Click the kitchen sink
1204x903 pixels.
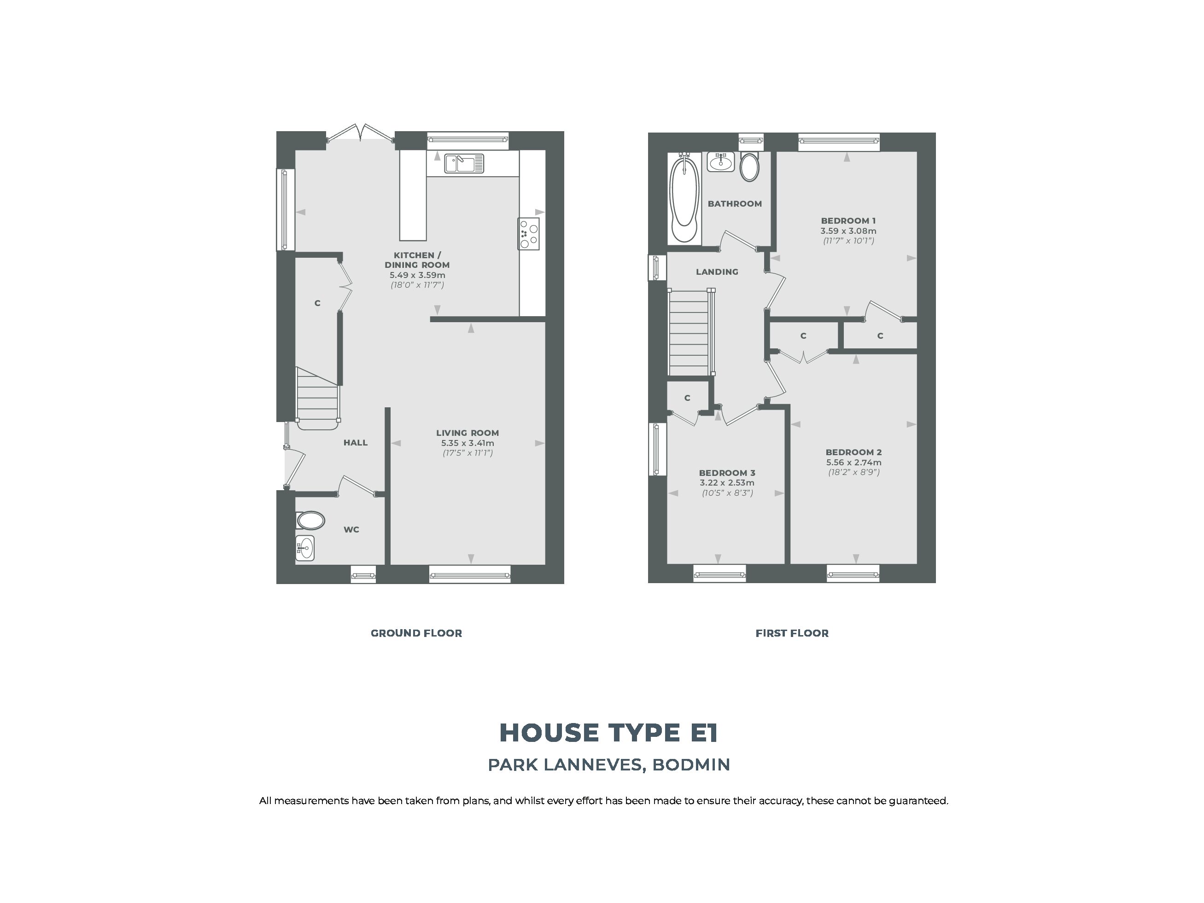click(464, 163)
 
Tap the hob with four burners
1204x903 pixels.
click(528, 233)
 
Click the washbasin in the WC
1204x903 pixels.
click(305, 547)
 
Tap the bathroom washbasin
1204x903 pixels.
click(721, 162)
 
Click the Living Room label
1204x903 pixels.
click(467, 433)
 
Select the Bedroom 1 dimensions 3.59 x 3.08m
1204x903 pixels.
click(848, 231)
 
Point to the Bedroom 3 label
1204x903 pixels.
click(727, 473)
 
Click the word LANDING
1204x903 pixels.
click(717, 272)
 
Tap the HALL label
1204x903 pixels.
click(356, 443)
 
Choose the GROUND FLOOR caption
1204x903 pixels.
click(416, 633)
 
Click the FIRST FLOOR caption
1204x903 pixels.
click(792, 633)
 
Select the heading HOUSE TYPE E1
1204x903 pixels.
click(608, 733)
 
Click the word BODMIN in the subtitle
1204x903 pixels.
click(691, 765)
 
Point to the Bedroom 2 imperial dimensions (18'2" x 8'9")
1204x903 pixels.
click(853, 472)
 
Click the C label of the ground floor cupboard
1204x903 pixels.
click(317, 303)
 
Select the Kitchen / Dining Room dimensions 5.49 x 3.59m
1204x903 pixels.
click(417, 275)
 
